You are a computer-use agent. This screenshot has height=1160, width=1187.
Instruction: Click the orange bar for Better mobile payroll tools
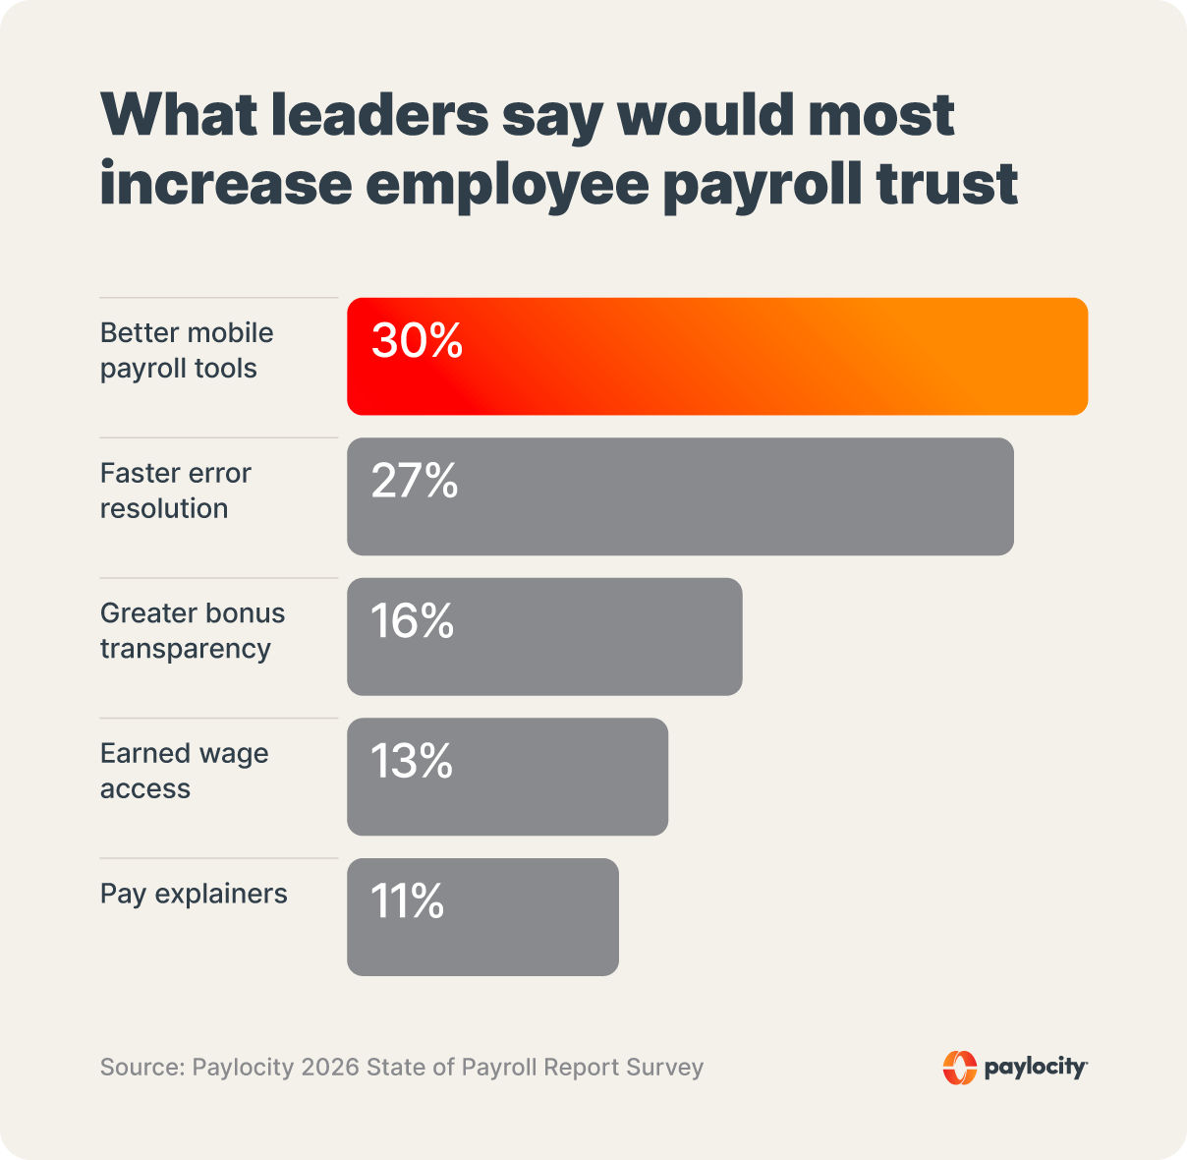[717, 356]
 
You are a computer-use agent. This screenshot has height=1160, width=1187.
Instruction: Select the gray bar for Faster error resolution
[680, 496]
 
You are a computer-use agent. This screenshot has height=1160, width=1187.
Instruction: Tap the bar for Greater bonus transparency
[544, 637]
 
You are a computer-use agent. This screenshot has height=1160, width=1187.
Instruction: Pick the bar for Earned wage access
[507, 777]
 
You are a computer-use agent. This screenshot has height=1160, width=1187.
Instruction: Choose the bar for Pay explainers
[482, 917]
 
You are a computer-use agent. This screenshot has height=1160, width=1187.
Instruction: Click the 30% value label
[417, 341]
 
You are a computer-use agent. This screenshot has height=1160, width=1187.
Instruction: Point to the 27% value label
[415, 482]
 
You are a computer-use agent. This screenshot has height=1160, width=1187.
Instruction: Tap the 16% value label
[412, 621]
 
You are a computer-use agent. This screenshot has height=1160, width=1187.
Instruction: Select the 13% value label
[412, 762]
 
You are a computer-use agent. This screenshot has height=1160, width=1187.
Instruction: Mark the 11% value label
[407, 901]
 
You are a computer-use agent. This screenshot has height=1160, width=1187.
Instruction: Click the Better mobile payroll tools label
[187, 351]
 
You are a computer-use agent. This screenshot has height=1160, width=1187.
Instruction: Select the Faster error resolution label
[175, 491]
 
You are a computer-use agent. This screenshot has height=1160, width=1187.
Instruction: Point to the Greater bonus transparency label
[193, 631]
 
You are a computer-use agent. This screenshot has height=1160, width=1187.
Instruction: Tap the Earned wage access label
[184, 771]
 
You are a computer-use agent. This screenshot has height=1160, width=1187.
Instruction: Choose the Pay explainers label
[194, 894]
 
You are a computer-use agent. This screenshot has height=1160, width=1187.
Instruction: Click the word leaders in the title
[378, 115]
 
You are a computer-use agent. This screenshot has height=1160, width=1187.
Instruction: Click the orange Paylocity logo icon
[959, 1068]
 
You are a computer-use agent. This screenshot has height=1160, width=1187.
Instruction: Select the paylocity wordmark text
[1035, 1068]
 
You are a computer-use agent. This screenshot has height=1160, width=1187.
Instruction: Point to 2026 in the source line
[330, 1068]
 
